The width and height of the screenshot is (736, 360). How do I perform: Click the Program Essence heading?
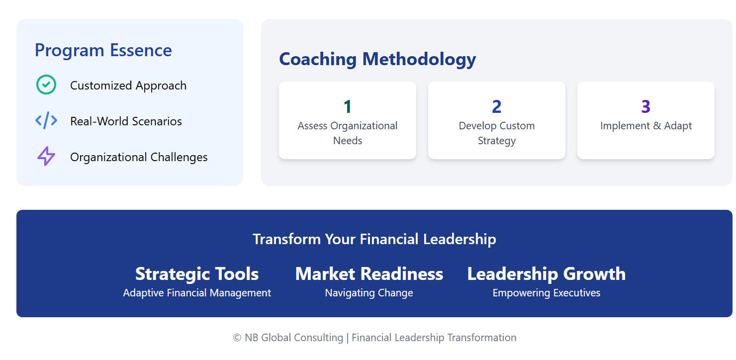103,50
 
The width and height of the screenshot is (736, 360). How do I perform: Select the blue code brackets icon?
46,120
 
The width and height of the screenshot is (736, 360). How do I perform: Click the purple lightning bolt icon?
46,156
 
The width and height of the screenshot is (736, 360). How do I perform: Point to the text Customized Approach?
128,86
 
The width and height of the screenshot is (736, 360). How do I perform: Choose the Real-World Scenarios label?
126,121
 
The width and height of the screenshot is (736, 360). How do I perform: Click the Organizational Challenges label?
139,157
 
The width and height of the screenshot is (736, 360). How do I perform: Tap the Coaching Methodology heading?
377,60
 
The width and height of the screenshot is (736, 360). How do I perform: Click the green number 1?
347,106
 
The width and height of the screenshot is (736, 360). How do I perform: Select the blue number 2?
496,106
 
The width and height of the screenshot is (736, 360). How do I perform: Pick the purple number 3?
645,106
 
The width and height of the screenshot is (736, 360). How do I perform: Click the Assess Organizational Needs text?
347,133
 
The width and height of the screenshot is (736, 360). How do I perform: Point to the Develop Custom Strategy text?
496,133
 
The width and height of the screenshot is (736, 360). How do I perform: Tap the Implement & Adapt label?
645,126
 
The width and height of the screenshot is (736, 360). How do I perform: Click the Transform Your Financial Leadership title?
374,239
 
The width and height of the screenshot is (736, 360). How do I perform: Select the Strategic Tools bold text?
197,274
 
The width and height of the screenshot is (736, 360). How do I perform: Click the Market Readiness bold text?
369,274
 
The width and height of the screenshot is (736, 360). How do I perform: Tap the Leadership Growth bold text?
547,274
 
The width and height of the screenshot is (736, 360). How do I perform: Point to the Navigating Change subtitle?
369,293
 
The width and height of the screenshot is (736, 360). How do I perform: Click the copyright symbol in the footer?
237,338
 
